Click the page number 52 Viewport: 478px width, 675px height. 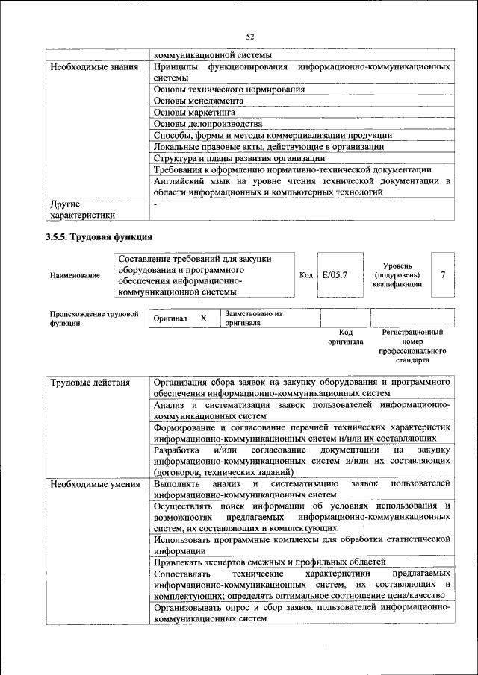250,37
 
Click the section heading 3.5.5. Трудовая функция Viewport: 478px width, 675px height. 99,238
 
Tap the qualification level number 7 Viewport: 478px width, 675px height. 443,275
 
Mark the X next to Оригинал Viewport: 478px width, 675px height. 203,318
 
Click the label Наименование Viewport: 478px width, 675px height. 75,276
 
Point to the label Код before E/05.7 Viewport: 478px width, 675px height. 305,275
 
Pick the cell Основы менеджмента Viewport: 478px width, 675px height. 199,101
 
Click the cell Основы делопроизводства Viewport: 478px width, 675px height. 208,123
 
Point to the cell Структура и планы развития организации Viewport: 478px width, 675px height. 239,157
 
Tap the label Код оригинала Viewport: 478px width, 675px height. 345,337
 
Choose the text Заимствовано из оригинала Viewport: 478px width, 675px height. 252,319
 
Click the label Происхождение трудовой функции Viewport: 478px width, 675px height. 94,319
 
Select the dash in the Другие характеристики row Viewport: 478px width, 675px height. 155,203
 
